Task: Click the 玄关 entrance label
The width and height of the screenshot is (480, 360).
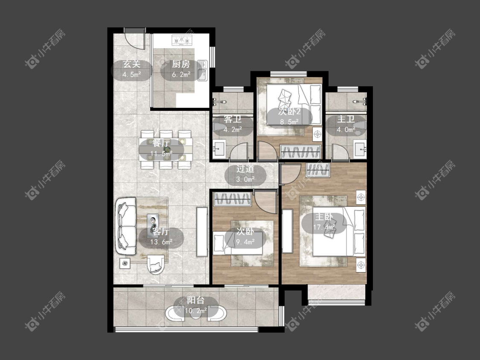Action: pyautogui.click(x=132, y=64)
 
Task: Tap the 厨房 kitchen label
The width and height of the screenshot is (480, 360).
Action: pyautogui.click(x=181, y=64)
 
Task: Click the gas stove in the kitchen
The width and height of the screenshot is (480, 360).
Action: pyautogui.click(x=183, y=40)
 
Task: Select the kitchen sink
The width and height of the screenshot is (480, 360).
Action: pyautogui.click(x=202, y=70)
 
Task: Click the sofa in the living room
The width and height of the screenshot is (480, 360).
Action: pyautogui.click(x=125, y=226)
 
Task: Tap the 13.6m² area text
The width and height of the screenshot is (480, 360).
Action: pyautogui.click(x=161, y=242)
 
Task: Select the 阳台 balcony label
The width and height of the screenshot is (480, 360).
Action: pyautogui.click(x=195, y=300)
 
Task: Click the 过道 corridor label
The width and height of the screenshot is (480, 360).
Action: pyautogui.click(x=245, y=169)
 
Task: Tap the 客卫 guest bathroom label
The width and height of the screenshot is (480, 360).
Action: pyautogui.click(x=233, y=119)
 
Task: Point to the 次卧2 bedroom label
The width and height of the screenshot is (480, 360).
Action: pyautogui.click(x=289, y=112)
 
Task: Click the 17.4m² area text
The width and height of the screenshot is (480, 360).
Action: pyautogui.click(x=324, y=227)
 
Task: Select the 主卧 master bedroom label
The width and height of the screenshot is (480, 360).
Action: pyautogui.click(x=324, y=217)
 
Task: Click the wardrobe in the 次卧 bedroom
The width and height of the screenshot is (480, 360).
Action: pyautogui.click(x=232, y=199)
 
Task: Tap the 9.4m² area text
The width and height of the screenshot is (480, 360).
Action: pyautogui.click(x=245, y=242)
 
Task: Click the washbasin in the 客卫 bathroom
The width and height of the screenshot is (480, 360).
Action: pyautogui.click(x=219, y=150)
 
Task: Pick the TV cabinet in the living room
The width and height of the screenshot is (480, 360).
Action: pyautogui.click(x=202, y=232)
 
